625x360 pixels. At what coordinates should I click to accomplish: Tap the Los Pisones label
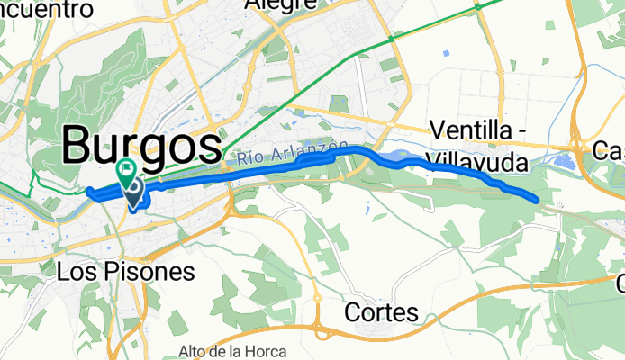point(125,270)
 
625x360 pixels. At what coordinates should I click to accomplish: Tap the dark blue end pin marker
point(134,191)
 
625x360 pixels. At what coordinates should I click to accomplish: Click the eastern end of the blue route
point(537,199)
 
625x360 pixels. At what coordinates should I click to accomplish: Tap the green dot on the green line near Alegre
point(391,40)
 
